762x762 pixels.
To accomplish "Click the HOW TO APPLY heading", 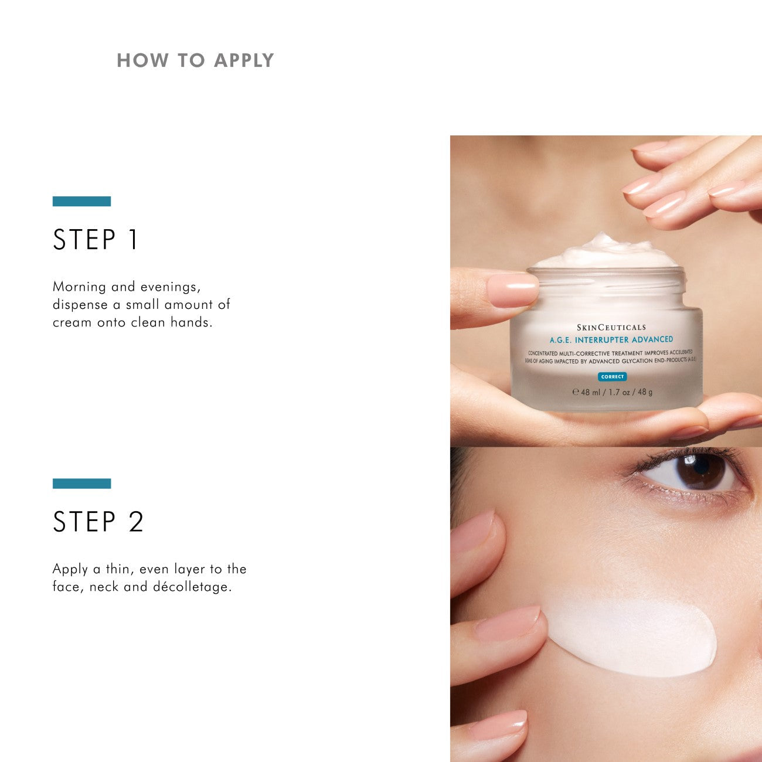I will tap(195, 60).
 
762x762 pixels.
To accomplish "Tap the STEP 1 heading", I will tap(96, 240).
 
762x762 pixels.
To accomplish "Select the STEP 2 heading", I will tap(98, 522).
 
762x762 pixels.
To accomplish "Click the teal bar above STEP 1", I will tap(81, 201).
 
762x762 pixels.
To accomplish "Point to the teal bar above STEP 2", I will tap(81, 484).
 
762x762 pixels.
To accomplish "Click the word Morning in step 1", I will tap(80, 287).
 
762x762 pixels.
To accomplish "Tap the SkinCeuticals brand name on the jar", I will tap(611, 327).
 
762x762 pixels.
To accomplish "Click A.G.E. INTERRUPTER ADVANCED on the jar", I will tap(611, 340).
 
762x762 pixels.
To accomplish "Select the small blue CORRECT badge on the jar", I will tap(612, 377).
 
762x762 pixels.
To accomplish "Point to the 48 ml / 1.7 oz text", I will tap(612, 392).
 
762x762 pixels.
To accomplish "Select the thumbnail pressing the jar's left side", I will tap(511, 290).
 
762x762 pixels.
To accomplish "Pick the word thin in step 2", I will tap(118, 569).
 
